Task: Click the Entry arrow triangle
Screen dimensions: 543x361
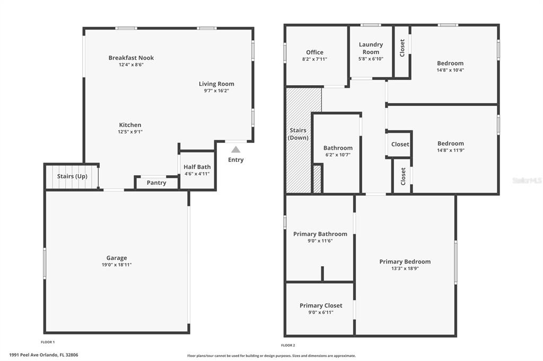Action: click(236, 149)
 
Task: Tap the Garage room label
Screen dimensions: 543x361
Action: click(117, 258)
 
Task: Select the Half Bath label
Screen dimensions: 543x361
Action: click(197, 167)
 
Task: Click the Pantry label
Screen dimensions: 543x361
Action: click(156, 183)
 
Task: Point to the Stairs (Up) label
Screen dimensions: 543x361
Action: click(72, 176)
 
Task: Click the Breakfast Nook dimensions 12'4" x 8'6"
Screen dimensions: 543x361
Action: click(132, 65)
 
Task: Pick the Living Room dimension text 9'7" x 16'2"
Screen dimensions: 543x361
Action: click(216, 91)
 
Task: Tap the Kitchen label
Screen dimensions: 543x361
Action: click(130, 125)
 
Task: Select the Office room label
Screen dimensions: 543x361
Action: click(315, 52)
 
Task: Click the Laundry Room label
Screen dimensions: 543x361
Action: click(371, 48)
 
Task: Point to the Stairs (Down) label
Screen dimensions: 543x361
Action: click(298, 134)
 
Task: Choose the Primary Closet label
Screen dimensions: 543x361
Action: click(321, 305)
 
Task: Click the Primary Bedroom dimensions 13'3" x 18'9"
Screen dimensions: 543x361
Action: click(405, 268)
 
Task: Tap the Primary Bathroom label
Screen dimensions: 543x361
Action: click(320, 234)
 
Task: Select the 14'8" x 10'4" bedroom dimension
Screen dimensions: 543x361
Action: click(451, 70)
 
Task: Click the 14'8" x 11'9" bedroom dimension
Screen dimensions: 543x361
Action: click(451, 150)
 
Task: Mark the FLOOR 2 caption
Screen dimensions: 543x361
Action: click(288, 345)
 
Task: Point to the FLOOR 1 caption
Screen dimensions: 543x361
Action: click(48, 342)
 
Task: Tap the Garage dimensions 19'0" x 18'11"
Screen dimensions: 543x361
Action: click(117, 265)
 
